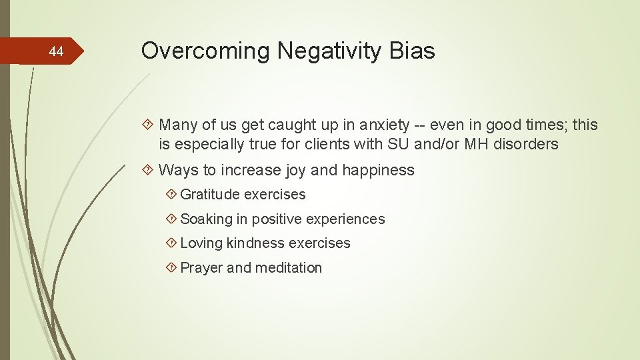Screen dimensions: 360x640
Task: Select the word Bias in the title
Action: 413,51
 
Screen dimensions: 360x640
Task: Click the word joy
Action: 296,170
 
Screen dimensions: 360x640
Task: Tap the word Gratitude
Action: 210,195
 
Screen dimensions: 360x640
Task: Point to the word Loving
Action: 201,243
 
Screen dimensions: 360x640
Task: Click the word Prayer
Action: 201,267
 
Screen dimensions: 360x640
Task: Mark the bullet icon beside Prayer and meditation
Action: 171,267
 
